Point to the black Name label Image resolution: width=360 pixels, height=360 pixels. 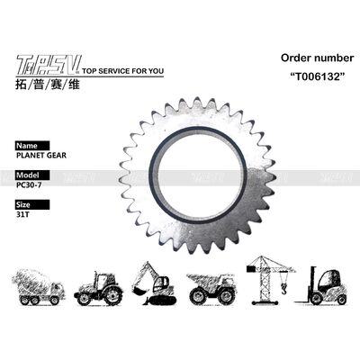tap(30, 145)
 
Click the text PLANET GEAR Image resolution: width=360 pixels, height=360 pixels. tap(38, 155)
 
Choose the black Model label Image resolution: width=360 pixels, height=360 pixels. tap(30, 175)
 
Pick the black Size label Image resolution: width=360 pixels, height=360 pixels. tap(27, 205)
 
